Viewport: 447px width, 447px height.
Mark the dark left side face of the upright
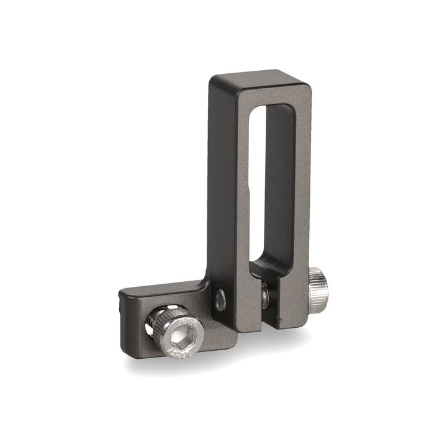coord(214,186)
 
